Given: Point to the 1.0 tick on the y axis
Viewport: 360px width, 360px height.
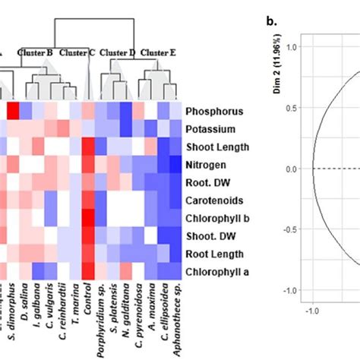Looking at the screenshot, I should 296,47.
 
